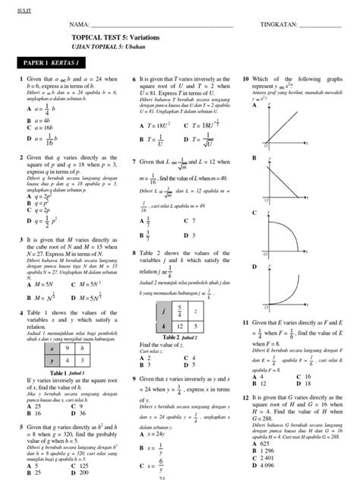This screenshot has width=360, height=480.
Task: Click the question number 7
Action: point(134,162)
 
